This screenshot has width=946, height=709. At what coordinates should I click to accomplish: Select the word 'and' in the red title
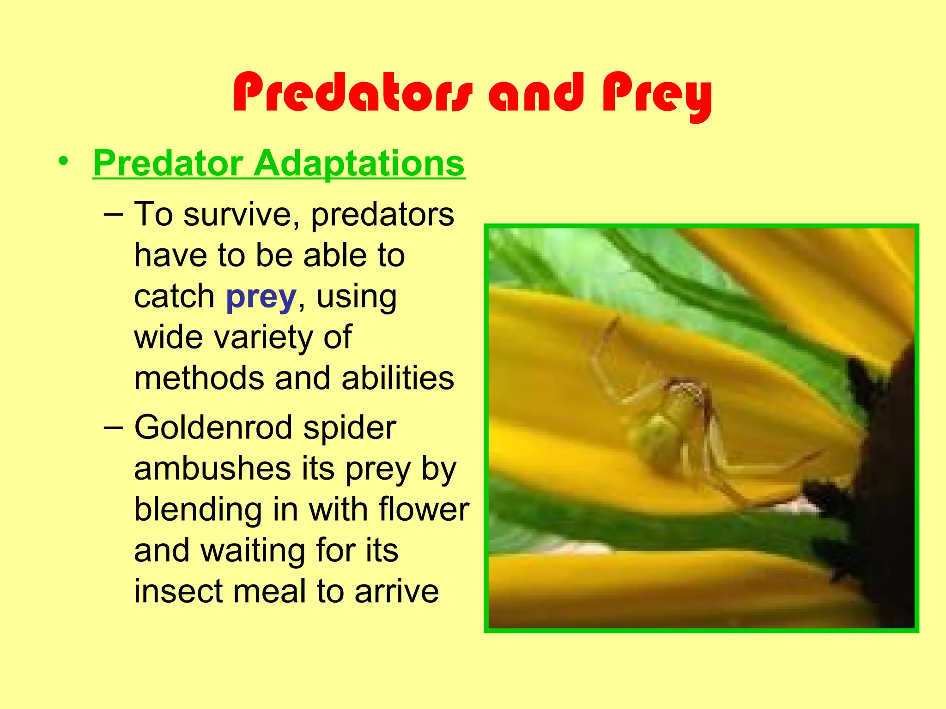[536, 94]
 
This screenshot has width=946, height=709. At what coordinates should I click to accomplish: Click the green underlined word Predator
[168, 163]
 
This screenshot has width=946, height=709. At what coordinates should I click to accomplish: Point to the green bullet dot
[63, 162]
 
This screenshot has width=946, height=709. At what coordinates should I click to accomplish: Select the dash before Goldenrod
[114, 427]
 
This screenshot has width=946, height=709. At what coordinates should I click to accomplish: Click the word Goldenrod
[213, 428]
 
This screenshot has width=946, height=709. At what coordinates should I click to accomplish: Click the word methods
[199, 379]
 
